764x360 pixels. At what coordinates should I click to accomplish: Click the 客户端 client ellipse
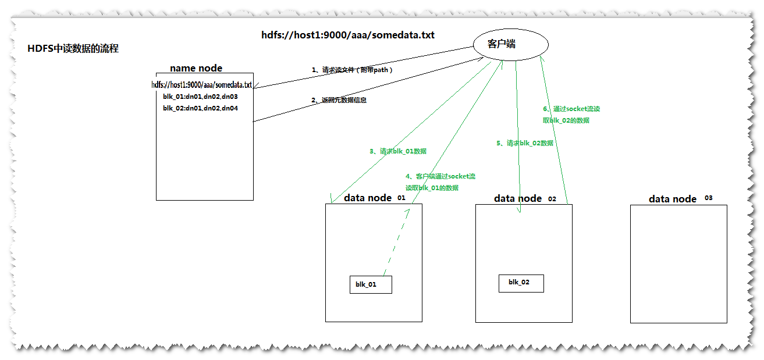pos(511,44)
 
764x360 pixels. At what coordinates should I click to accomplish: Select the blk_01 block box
pos(371,284)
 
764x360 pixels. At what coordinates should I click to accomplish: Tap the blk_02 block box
pos(521,283)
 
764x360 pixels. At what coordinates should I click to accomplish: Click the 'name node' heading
pos(196,69)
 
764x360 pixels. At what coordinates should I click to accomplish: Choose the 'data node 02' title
pos(524,198)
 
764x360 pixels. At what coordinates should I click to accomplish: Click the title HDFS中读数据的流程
pos(73,49)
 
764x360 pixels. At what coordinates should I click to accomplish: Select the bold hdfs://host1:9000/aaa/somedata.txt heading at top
pos(348,35)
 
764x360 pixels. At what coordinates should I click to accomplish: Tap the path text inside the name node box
pos(201,85)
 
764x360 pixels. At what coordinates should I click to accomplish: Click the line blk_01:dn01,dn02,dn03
pos(200,97)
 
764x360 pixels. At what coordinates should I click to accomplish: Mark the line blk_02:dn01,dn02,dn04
pos(200,108)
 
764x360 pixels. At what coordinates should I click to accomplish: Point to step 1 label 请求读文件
pos(353,70)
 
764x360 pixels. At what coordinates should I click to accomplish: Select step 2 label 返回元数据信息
pos(339,100)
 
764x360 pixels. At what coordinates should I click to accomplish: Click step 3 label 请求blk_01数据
pos(398,151)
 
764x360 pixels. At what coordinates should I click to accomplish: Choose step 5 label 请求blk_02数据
pos(525,143)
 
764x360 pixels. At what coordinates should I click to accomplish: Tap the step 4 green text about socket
pos(440,182)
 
